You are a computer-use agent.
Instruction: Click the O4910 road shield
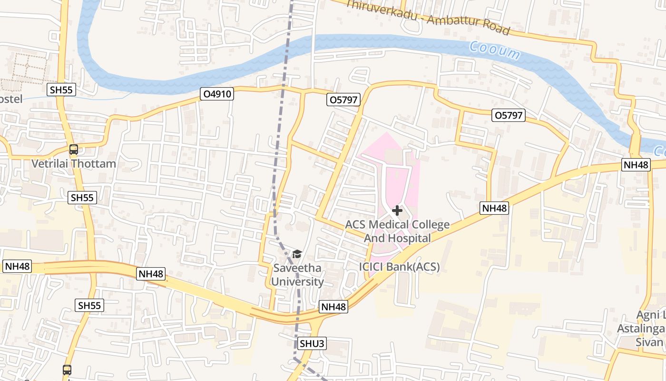click(217, 94)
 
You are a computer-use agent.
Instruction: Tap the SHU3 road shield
click(313, 343)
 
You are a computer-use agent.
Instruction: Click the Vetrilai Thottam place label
click(74, 164)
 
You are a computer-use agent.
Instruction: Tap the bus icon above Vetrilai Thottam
click(74, 150)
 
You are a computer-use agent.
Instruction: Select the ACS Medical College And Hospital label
click(397, 231)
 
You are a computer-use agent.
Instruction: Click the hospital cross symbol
click(397, 210)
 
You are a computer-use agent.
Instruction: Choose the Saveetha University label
click(297, 275)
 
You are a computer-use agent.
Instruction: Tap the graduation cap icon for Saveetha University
click(297, 254)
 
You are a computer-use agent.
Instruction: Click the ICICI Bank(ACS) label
click(399, 267)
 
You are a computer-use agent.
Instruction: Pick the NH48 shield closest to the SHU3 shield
click(333, 307)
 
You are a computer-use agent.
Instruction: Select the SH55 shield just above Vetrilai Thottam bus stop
click(62, 90)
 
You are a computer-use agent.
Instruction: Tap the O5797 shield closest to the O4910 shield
click(343, 100)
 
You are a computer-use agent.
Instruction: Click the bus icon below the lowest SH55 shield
click(67, 370)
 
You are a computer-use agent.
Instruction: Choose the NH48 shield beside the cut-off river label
click(636, 165)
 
